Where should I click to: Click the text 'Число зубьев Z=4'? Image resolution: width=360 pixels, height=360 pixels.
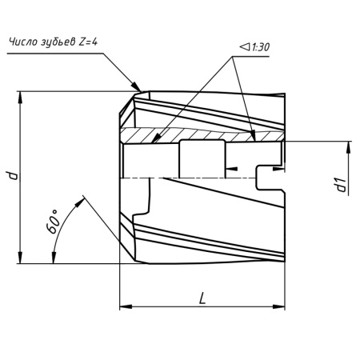point(54,42)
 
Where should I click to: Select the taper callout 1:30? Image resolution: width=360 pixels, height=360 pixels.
point(254,47)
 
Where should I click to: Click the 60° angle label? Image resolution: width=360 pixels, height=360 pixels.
point(53,222)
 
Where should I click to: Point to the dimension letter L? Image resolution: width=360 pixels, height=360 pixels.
point(202,298)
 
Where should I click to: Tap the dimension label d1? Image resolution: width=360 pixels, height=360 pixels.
point(341,185)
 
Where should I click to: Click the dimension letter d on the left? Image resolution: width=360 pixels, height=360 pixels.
point(12,175)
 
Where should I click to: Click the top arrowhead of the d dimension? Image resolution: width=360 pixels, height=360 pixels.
point(20,98)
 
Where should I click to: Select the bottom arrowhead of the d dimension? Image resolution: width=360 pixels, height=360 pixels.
point(20,258)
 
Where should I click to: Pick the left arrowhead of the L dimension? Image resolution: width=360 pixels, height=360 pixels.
point(126,306)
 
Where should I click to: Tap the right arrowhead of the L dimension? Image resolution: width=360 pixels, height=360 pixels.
point(278,306)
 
